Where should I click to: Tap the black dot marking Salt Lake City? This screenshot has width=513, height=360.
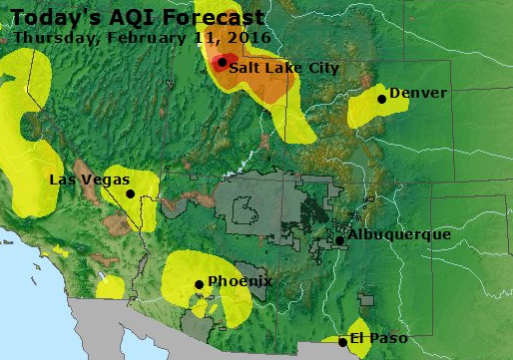[x=222, y=61]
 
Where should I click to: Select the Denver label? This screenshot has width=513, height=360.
[x=418, y=93]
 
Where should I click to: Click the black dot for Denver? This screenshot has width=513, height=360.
[x=382, y=98]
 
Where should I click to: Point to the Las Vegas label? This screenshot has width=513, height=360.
[x=90, y=180]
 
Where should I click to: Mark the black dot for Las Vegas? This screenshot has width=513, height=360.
[x=130, y=193]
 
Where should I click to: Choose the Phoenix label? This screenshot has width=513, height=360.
[x=240, y=281]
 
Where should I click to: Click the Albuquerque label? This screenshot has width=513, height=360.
[x=399, y=234]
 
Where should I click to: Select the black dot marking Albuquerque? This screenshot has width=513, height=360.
[x=340, y=239]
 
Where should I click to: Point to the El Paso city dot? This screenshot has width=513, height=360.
[x=343, y=342]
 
